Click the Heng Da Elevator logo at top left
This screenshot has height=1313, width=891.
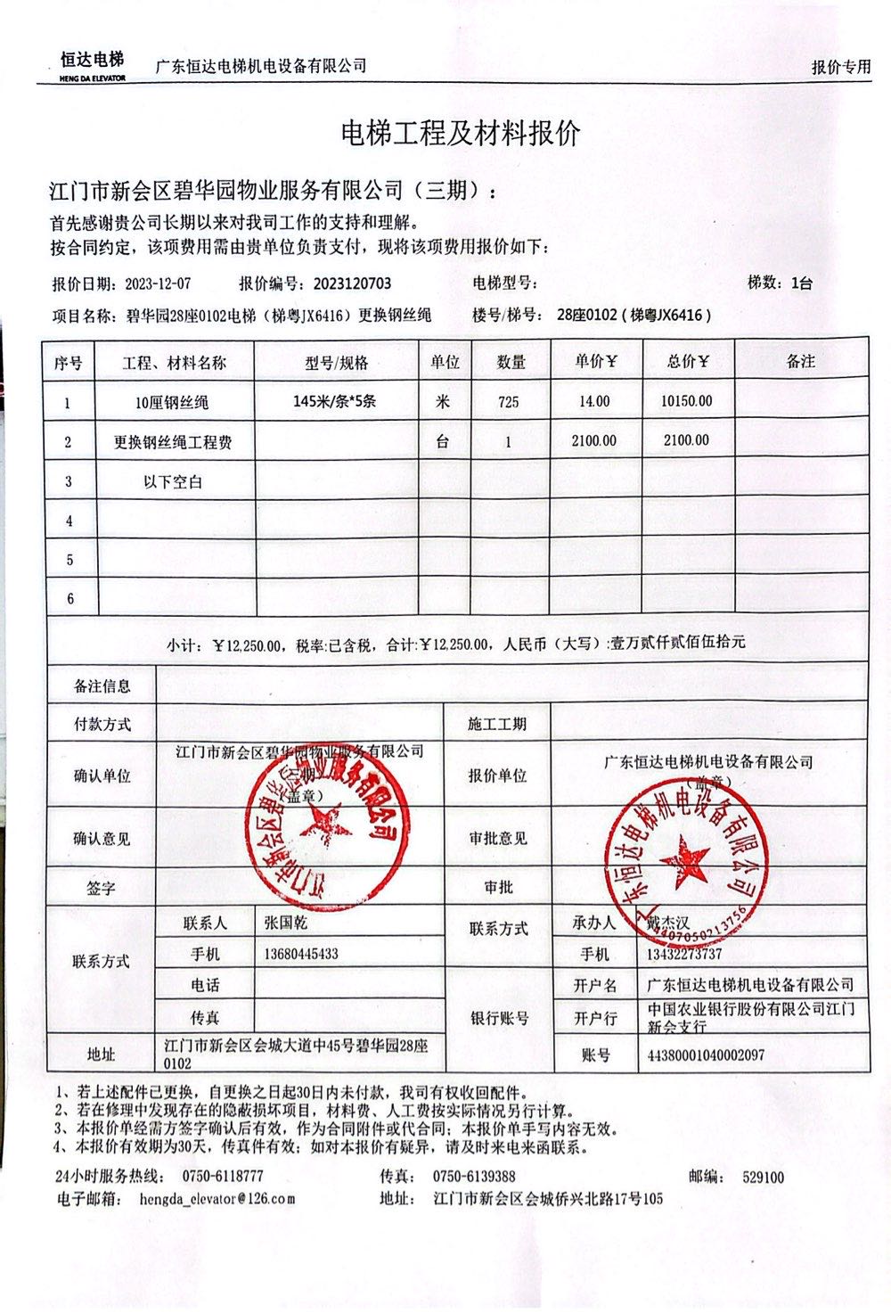click(92, 64)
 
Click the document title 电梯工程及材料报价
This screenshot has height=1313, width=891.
click(461, 134)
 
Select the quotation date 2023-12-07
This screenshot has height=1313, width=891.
click(158, 284)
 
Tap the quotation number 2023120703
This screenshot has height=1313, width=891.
click(352, 284)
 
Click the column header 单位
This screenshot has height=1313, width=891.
click(445, 362)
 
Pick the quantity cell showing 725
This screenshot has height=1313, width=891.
click(509, 402)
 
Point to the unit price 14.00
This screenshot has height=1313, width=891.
click(594, 401)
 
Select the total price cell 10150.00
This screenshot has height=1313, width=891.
click(686, 401)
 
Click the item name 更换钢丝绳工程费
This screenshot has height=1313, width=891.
click(173, 441)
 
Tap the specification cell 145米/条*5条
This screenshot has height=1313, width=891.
click(334, 401)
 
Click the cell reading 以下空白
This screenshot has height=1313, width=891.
click(173, 481)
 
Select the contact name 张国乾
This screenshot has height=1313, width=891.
click(286, 923)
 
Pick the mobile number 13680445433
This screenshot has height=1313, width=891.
click(301, 954)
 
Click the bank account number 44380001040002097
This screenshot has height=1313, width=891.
click(706, 1055)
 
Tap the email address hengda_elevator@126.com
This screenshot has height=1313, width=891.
click(217, 1199)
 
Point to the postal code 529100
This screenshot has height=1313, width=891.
click(763, 1177)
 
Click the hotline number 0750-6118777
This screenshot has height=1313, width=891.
click(223, 1177)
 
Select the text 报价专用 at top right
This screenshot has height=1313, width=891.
click(840, 68)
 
